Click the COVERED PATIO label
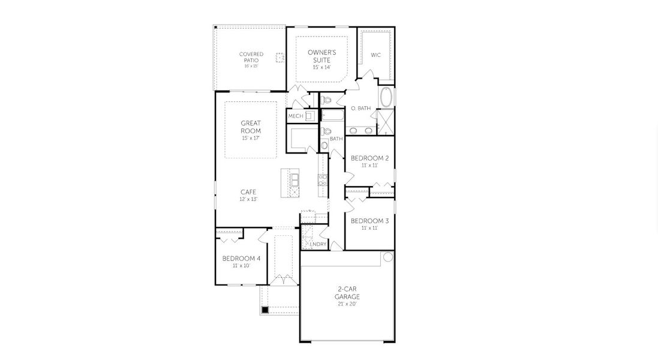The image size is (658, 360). click(251, 57)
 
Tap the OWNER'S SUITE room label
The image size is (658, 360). click(322, 56)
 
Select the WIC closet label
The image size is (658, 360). click(375, 55)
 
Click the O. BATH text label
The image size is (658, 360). click(360, 109)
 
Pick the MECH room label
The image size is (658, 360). click(295, 116)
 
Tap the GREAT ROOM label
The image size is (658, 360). click(250, 127)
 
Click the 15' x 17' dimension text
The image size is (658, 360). click(250, 138)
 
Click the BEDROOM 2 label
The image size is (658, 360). click(369, 158)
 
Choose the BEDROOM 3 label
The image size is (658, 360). click(369, 221)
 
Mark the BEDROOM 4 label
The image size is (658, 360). click(241, 259)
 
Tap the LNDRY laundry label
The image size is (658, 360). click(319, 244)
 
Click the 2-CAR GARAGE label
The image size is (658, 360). click(347, 292)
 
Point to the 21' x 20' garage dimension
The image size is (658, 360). click(347, 304)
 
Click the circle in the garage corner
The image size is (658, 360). click(388, 257)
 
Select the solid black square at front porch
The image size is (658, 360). click(265, 310)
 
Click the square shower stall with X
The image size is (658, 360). click(387, 122)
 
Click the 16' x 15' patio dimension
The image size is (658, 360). click(251, 66)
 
